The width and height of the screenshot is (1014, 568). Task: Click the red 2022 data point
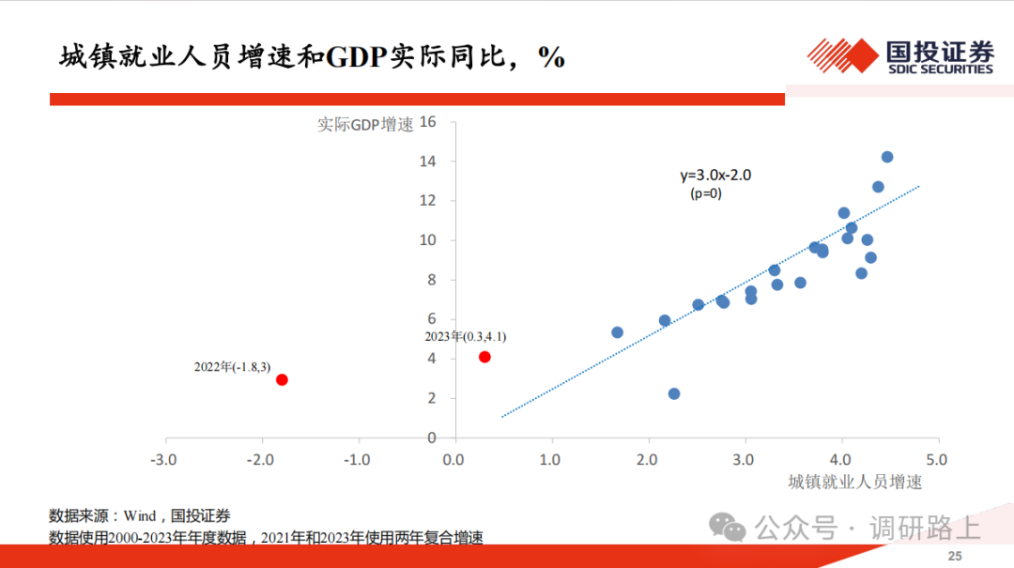282,379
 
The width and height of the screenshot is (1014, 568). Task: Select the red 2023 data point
484,357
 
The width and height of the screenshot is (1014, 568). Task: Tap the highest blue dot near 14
887,157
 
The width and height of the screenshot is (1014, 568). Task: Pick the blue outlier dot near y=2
674,394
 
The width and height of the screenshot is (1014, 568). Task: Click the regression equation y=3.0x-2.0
715,176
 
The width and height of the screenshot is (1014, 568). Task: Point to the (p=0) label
705,193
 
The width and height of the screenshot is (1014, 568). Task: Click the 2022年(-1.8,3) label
232,367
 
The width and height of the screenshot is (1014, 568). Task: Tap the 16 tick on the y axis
428,122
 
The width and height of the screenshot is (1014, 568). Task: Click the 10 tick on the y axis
428,240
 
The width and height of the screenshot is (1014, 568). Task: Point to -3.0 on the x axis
163,460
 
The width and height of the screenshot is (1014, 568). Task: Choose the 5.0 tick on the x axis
936,460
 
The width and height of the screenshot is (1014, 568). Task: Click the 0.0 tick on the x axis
453,460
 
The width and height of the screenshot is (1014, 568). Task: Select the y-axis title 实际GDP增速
365,124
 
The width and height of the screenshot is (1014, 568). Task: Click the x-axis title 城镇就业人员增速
855,482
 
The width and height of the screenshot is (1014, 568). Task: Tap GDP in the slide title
357,57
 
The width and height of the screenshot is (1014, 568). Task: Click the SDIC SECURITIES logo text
940,69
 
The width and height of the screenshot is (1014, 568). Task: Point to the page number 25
955,556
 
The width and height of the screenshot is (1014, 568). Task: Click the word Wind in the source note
140,515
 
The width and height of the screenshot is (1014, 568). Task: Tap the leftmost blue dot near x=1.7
617,332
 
